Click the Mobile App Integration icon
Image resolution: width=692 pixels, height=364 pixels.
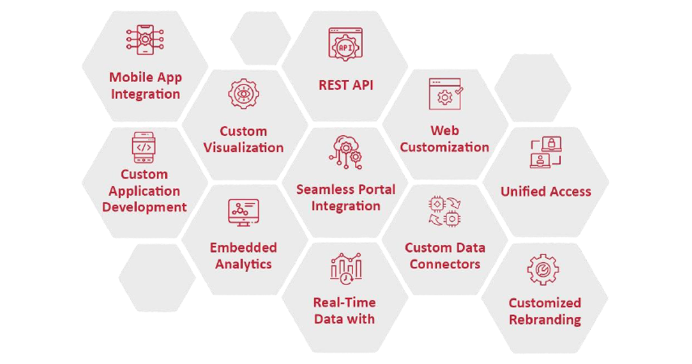(146, 41)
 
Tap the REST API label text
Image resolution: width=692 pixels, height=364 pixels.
(346, 84)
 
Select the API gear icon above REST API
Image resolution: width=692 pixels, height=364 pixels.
(346, 44)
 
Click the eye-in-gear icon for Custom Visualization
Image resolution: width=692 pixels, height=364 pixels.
(243, 95)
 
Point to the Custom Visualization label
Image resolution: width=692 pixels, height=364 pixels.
(243, 139)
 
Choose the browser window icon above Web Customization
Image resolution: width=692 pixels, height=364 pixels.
(444, 94)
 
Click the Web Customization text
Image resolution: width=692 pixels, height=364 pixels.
(444, 138)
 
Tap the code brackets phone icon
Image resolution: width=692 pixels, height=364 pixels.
(144, 147)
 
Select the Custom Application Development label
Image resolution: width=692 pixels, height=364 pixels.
(144, 190)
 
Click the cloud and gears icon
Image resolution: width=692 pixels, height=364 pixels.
(346, 152)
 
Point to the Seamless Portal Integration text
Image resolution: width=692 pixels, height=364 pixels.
(346, 197)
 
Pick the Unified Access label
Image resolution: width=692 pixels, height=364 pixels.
(546, 192)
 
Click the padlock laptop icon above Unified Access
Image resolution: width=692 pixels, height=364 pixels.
(546, 153)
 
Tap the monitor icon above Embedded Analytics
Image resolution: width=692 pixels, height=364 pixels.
(243, 212)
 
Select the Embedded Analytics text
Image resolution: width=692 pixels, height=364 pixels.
(243, 256)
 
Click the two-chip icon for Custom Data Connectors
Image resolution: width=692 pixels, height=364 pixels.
(444, 211)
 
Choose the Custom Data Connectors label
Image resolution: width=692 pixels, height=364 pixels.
(444, 256)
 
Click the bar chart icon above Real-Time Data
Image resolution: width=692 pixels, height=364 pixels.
(346, 268)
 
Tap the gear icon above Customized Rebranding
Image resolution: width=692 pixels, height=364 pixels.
(543, 269)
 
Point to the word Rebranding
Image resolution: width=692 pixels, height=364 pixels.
(545, 320)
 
